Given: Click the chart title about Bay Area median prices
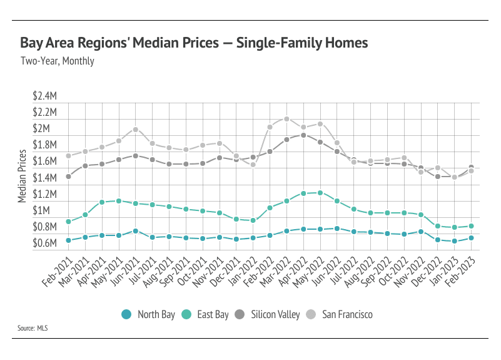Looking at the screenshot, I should (x=194, y=43).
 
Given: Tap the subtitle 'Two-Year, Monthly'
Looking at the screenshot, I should (x=57, y=61).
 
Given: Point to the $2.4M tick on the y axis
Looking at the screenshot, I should (x=45, y=97).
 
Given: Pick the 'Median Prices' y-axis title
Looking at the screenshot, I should (x=23, y=176).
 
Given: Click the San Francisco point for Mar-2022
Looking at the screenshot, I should (x=286, y=119).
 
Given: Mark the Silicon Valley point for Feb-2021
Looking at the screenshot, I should (x=68, y=177).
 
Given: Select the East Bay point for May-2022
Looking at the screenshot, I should (x=320, y=193).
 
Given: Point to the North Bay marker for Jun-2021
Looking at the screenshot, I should (x=135, y=231).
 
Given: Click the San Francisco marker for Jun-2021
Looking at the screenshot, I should (x=135, y=130).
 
